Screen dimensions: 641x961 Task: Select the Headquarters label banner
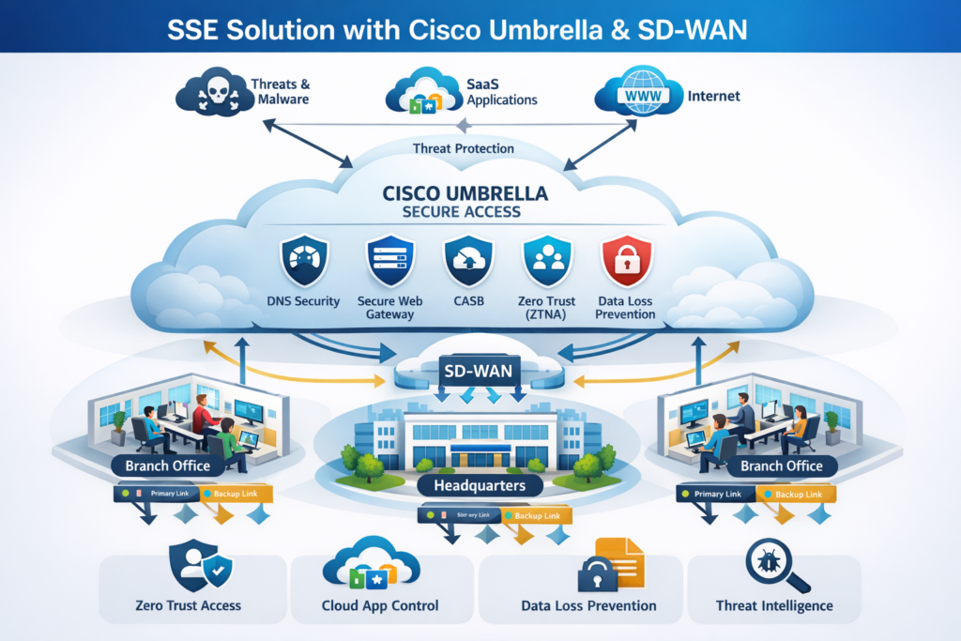(x=480, y=485)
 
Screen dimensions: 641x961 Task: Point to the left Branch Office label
(x=166, y=465)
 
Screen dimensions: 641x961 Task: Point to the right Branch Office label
(x=781, y=465)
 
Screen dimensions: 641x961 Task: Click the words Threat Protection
(x=463, y=148)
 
